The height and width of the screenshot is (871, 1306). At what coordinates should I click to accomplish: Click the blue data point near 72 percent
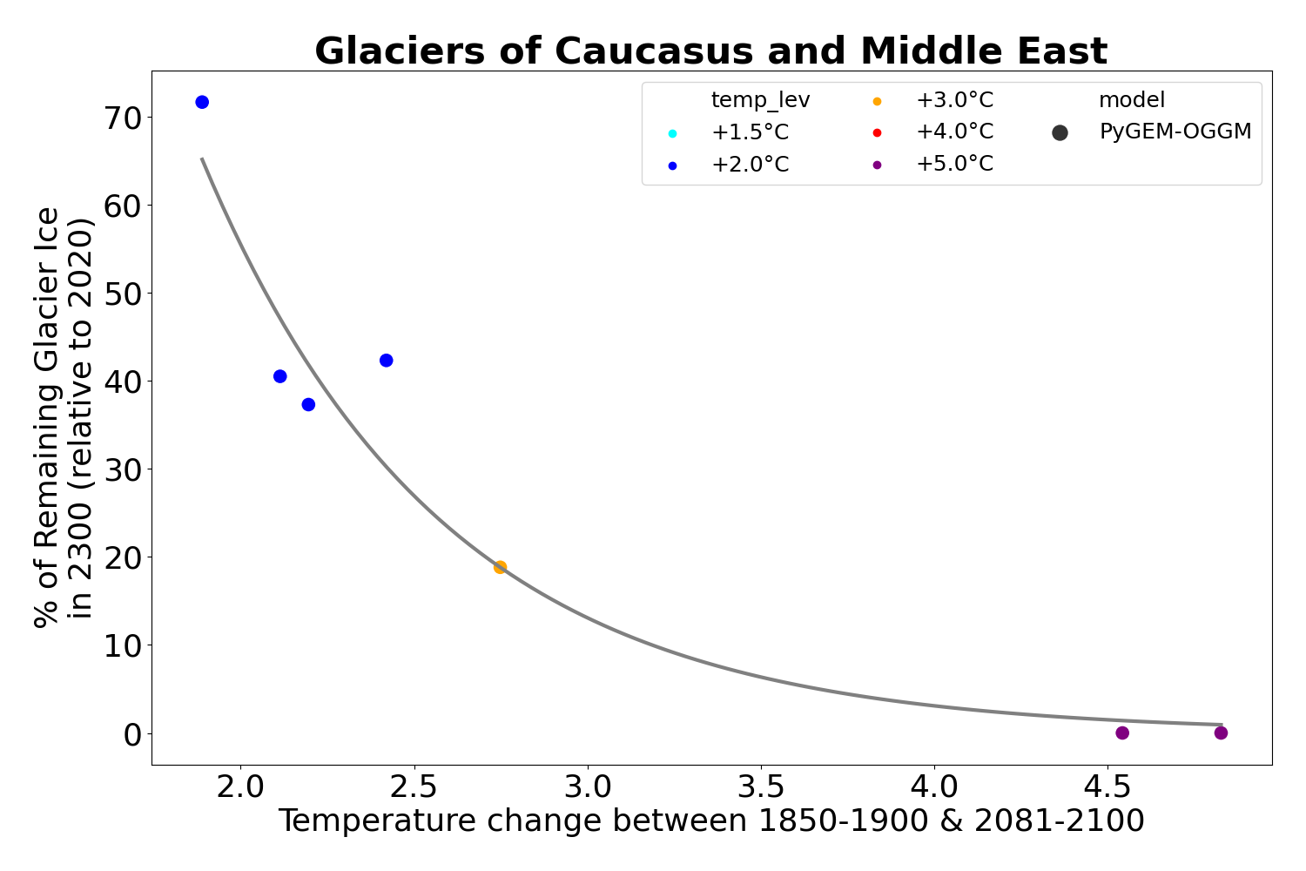coord(202,102)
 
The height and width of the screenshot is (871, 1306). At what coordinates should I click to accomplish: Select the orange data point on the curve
coord(500,567)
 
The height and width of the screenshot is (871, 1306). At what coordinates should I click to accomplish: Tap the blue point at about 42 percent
coord(387,361)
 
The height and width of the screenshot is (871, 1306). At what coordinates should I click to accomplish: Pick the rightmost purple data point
coord(1221,733)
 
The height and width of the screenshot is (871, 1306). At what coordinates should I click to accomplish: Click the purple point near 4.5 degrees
coord(1122,733)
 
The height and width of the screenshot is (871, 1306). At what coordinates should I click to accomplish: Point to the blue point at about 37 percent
coord(308,404)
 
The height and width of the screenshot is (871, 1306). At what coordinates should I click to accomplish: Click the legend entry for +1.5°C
coord(749,133)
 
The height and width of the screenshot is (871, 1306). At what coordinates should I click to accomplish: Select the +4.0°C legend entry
coord(953,132)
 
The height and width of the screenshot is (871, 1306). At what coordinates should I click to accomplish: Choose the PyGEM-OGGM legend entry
coord(1175,132)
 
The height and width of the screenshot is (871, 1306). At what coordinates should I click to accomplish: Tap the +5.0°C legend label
coord(953,164)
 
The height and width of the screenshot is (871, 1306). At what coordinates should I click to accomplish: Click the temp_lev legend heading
coord(760,100)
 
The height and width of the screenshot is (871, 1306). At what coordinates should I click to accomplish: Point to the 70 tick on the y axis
coord(125,118)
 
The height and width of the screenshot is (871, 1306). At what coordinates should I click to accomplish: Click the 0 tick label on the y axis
coord(132,733)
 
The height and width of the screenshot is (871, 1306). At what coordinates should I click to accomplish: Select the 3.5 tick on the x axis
coord(761,787)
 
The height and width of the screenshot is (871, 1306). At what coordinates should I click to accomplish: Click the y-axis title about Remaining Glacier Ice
coord(63,416)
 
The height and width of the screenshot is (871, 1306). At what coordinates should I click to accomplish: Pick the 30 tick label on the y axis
coord(125,469)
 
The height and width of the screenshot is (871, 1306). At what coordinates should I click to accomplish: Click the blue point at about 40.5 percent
coord(279,376)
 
